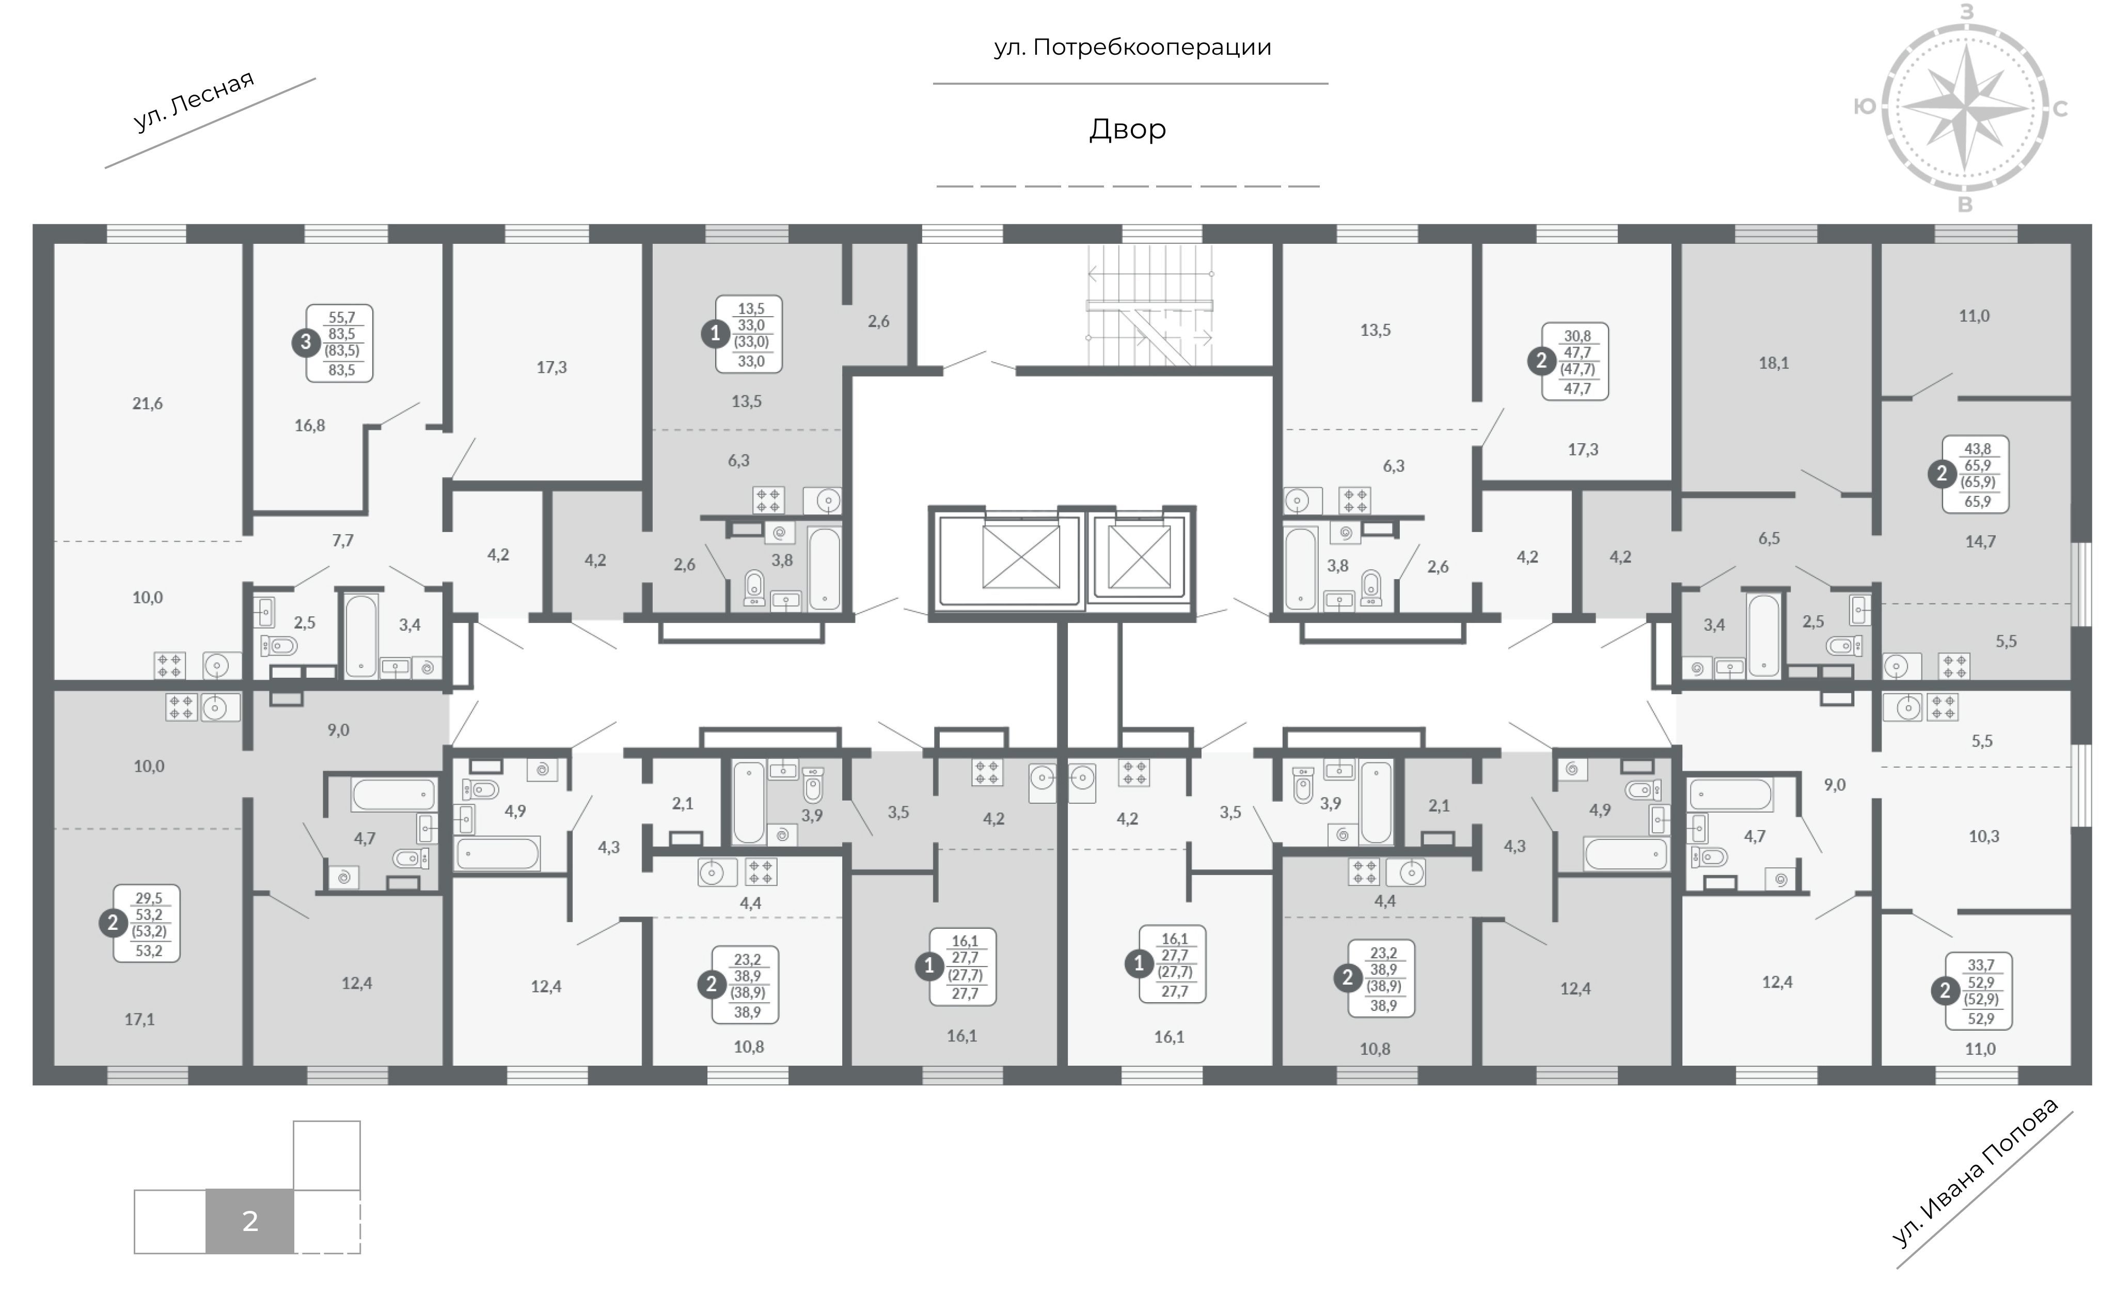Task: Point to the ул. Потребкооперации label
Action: pos(1132,46)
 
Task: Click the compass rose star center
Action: pos(1965,108)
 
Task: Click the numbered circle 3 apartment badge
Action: pos(306,343)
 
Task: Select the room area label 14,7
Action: pos(1980,542)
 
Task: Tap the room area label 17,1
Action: pos(139,1020)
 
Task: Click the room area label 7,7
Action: pos(343,541)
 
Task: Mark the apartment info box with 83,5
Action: pos(339,343)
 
